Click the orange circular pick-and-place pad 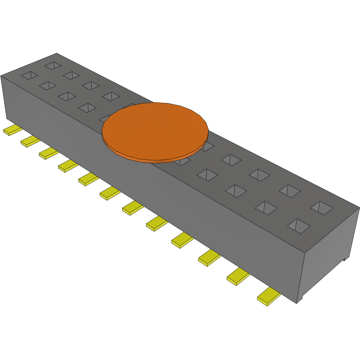point(155,131)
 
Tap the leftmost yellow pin point(12,130)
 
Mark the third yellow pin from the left point(48,153)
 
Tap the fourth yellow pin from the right point(183,240)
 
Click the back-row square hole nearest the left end point(53,66)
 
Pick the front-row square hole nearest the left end point(30,75)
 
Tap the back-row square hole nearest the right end point(322,208)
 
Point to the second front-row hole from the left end point(48,86)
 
